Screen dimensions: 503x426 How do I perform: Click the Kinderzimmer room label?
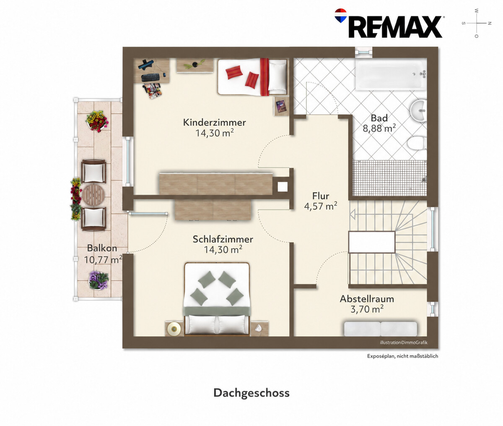click(214, 122)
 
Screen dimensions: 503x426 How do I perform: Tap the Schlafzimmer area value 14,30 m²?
click(223, 250)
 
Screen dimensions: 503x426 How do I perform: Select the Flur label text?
click(321, 196)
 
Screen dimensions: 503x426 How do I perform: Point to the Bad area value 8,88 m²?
click(379, 128)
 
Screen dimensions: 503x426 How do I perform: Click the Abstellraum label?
click(367, 299)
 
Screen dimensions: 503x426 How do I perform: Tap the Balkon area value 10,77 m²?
click(103, 259)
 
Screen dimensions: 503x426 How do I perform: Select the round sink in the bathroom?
click(419, 110)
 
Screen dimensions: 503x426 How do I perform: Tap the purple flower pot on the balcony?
click(99, 280)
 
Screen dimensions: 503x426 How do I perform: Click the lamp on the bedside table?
click(174, 329)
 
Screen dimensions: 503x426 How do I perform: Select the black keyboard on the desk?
click(150, 78)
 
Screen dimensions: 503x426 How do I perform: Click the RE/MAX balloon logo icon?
click(341, 16)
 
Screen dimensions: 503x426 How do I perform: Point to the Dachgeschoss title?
click(251, 393)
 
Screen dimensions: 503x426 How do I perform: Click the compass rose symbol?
click(477, 23)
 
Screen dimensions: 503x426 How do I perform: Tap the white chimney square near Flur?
click(283, 187)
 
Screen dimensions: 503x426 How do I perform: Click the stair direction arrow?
click(353, 215)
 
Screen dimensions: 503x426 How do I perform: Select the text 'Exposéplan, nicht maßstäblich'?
click(402, 356)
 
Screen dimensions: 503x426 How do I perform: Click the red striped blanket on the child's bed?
click(264, 77)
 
